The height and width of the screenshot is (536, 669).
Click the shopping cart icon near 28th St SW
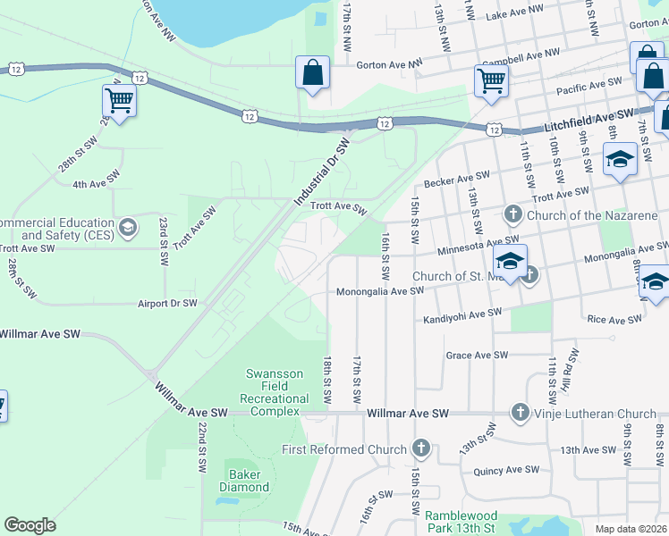(x=119, y=101)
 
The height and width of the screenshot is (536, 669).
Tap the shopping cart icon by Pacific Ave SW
(x=491, y=80)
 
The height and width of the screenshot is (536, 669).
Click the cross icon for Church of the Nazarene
(x=512, y=213)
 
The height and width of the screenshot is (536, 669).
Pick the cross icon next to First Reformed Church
(x=421, y=448)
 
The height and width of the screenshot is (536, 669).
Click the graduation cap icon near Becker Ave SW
(x=619, y=161)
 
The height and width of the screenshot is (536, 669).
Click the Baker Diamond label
(x=244, y=481)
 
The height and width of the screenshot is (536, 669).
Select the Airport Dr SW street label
(x=167, y=304)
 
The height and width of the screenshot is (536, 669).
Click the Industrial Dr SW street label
(x=321, y=172)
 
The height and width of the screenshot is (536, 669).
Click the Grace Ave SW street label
(x=477, y=355)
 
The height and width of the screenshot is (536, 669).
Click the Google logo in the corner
(x=30, y=525)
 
